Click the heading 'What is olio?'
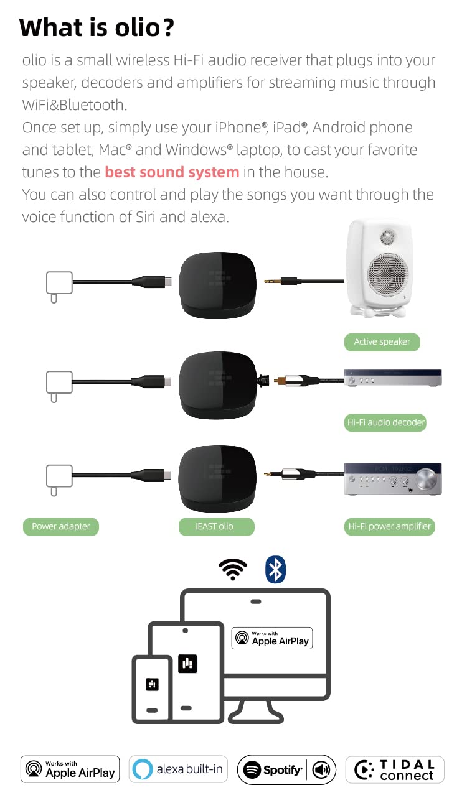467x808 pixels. [97, 28]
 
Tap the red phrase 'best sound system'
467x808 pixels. [172, 172]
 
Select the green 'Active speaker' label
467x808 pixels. [382, 342]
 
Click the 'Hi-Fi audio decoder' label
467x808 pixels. [385, 422]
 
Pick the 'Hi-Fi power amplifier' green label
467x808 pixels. [389, 527]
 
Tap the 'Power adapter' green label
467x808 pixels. [60, 527]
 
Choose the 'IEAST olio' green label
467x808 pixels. [216, 527]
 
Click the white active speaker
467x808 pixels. [379, 268]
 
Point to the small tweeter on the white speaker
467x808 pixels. [387, 236]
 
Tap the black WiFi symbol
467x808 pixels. [233, 569]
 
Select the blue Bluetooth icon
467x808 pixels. [276, 569]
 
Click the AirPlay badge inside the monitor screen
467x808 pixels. [272, 638]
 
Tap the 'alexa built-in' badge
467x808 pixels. [178, 769]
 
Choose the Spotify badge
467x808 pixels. [287, 770]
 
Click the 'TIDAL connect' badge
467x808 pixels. [395, 770]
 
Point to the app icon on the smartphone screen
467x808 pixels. [152, 684]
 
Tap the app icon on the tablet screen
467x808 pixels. [187, 664]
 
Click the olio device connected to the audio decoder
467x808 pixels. [218, 385]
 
